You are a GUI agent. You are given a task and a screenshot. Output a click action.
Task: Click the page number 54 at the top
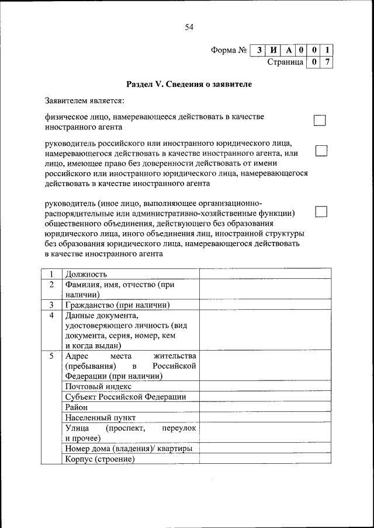click(x=188, y=27)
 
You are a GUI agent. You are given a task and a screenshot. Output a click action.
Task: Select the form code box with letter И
click(x=272, y=50)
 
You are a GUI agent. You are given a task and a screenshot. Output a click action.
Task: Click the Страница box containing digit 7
click(x=328, y=61)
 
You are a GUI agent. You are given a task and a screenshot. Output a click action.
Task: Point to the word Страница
click(x=285, y=61)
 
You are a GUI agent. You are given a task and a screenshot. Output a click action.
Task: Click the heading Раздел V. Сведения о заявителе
click(x=189, y=85)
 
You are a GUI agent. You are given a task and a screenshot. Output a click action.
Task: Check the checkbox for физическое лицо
click(x=320, y=121)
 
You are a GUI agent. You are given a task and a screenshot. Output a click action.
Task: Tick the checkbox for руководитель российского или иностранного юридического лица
click(x=321, y=151)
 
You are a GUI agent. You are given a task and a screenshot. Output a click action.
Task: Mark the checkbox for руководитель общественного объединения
click(x=321, y=211)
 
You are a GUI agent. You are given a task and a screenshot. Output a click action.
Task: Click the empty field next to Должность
click(x=265, y=274)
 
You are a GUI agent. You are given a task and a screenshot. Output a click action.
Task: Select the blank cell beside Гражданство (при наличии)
click(x=265, y=305)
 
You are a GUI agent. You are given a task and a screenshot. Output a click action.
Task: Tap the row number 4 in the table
click(x=51, y=316)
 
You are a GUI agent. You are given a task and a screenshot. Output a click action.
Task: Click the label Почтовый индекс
click(x=99, y=386)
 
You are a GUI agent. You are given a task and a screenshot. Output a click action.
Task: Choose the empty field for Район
click(x=265, y=407)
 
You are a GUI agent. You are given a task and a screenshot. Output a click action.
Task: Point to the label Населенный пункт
click(x=101, y=418)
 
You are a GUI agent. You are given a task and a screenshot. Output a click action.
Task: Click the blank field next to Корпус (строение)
click(x=265, y=459)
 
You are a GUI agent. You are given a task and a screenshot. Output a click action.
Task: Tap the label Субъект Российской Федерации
click(x=126, y=397)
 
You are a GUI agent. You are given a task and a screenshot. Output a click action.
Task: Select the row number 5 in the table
click(x=51, y=355)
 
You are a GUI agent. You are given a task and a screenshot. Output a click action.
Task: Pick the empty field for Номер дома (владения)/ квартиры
click(x=265, y=449)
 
